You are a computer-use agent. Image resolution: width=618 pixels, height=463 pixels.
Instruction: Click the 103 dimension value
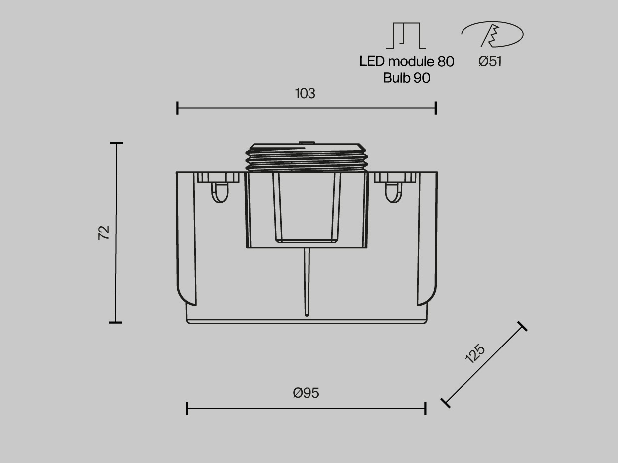[305, 93]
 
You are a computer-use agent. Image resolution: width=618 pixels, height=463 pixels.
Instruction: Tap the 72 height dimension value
[104, 232]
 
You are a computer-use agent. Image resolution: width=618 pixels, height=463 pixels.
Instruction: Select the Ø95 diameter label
[306, 393]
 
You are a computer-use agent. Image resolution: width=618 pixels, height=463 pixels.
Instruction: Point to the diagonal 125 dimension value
[475, 353]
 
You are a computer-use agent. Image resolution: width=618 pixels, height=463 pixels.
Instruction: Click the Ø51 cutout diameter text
[490, 61]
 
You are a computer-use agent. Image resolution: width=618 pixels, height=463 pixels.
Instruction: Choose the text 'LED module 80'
[407, 61]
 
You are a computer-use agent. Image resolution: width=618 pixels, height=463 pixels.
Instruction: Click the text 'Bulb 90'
[407, 78]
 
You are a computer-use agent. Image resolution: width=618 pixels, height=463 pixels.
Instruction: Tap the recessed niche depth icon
[406, 36]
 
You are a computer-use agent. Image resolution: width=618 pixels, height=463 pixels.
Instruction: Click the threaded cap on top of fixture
[307, 157]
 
